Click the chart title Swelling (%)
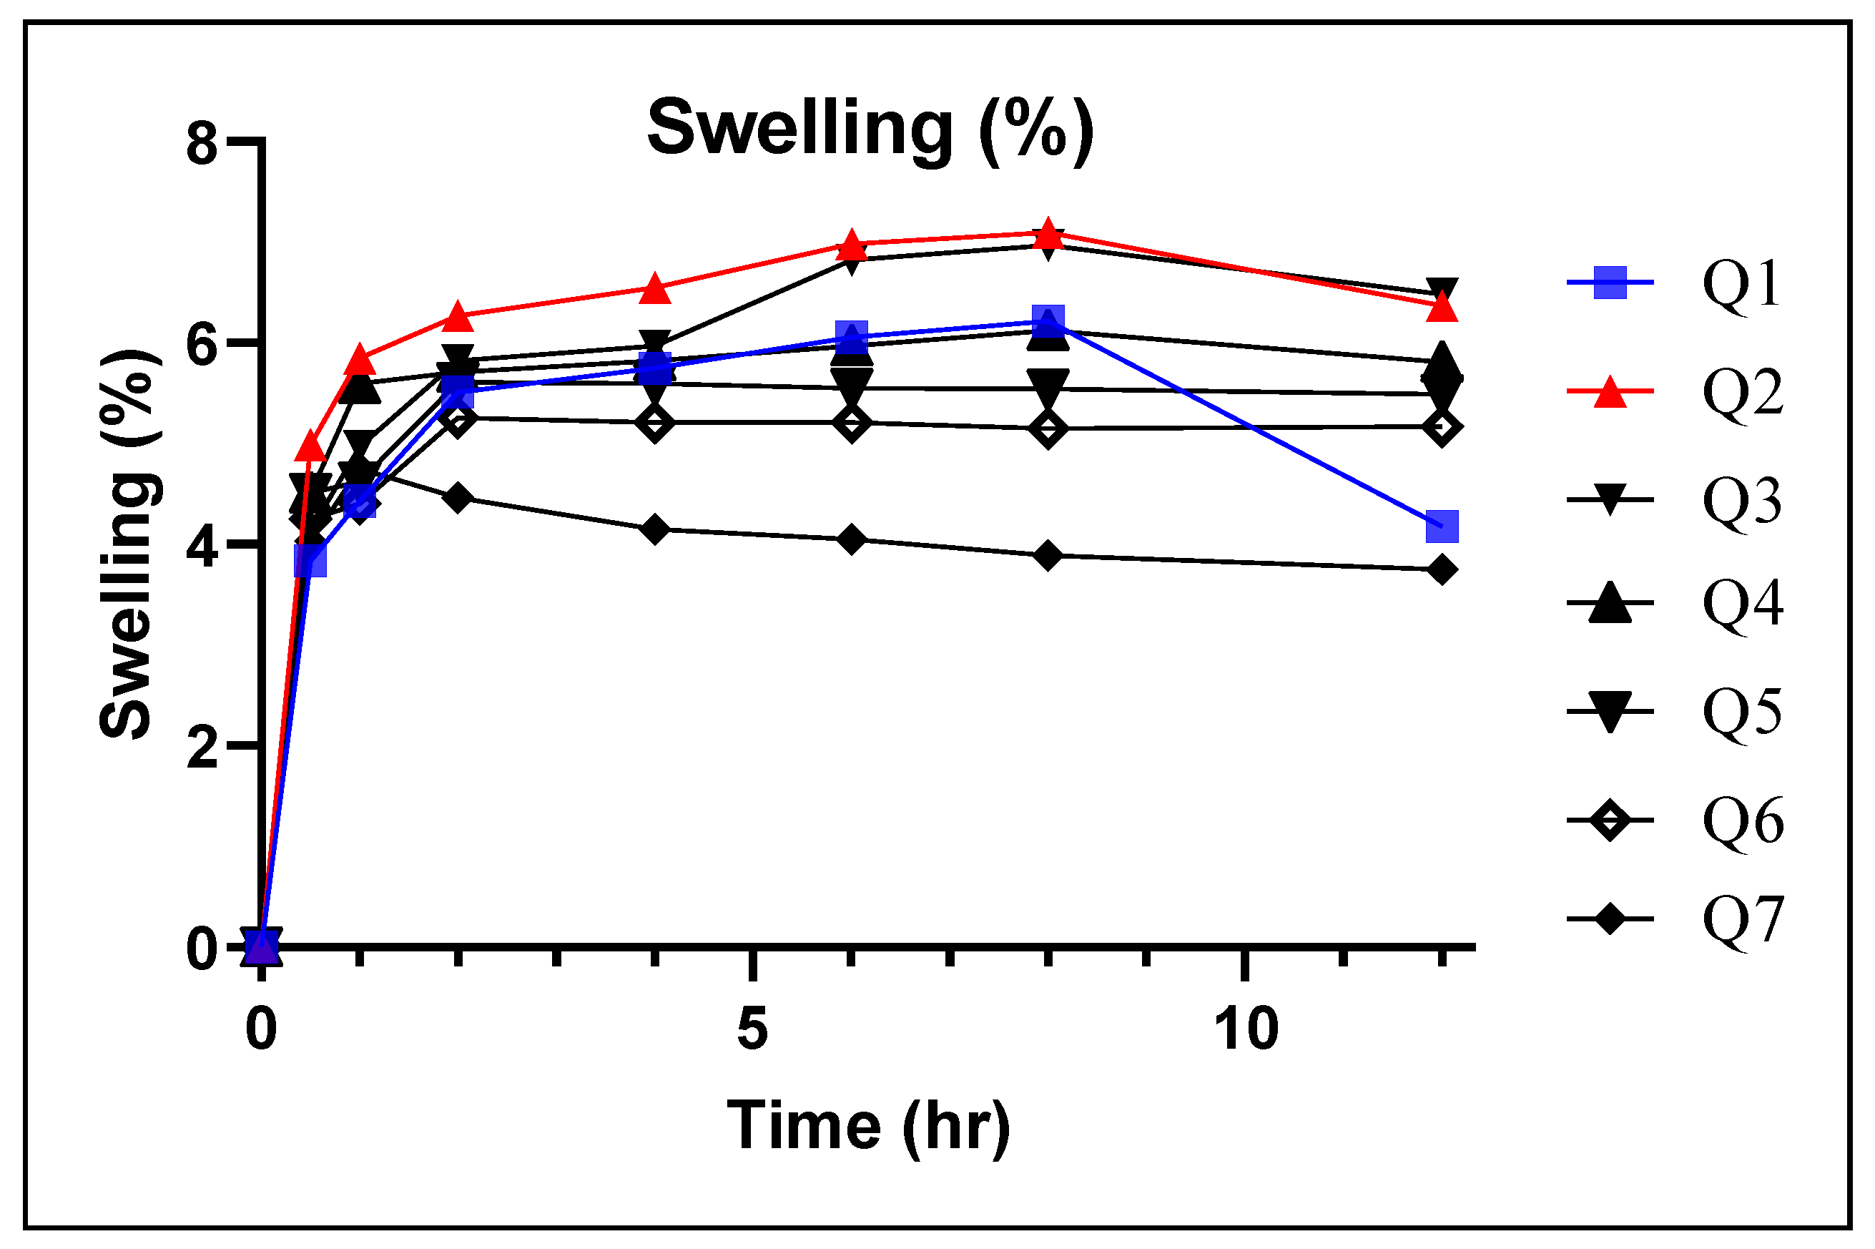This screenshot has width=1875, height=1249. [870, 129]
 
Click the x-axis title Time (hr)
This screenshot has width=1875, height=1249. [868, 1125]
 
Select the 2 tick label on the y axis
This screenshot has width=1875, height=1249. [202, 748]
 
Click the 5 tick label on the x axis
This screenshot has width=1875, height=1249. [752, 1029]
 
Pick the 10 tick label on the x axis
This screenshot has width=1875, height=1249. [1246, 1029]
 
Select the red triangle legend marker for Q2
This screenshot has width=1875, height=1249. [1610, 391]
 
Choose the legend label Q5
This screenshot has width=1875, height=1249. [1741, 710]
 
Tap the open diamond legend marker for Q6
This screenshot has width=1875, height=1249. [1610, 820]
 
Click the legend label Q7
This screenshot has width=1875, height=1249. [1741, 921]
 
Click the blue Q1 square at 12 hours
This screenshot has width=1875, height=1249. [1442, 526]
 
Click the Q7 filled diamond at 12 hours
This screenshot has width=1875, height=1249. [1442, 569]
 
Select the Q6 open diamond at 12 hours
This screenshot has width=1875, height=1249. [1442, 427]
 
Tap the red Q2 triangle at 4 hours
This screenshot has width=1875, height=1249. [655, 289]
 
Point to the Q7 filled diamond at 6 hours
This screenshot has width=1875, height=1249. [851, 539]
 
